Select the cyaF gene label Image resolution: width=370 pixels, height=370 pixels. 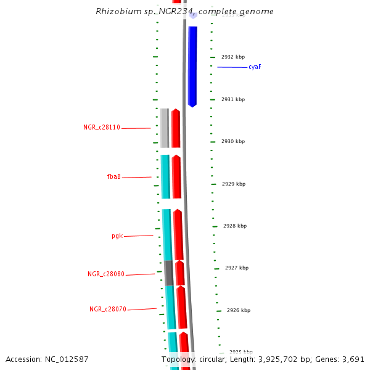coord(255,67)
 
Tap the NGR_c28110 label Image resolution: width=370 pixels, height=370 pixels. coord(102,128)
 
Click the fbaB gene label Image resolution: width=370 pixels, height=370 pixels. coord(113,177)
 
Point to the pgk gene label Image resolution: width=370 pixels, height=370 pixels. coord(117,236)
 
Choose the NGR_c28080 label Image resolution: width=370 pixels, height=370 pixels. coord(106,274)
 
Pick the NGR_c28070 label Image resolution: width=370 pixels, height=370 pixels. coord(108,310)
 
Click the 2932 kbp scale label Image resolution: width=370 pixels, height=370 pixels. coord(233,57)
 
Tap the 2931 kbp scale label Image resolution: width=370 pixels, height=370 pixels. coord(233,99)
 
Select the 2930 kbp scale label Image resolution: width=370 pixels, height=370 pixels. coord(233,141)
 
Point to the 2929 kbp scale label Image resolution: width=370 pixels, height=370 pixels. coord(233,184)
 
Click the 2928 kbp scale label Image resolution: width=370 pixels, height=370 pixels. coord(235,226)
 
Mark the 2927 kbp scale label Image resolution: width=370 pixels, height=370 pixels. coord(237,268)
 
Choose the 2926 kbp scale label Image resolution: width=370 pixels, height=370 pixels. coord(239,310)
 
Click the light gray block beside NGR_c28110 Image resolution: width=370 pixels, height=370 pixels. coord(164,128)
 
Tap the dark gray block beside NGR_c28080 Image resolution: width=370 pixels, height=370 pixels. coord(169,273)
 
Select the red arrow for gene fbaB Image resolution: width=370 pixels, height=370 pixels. coord(176,177)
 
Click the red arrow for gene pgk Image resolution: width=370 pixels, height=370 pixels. coord(178,235)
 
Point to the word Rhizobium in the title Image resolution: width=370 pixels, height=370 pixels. coord(117,12)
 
